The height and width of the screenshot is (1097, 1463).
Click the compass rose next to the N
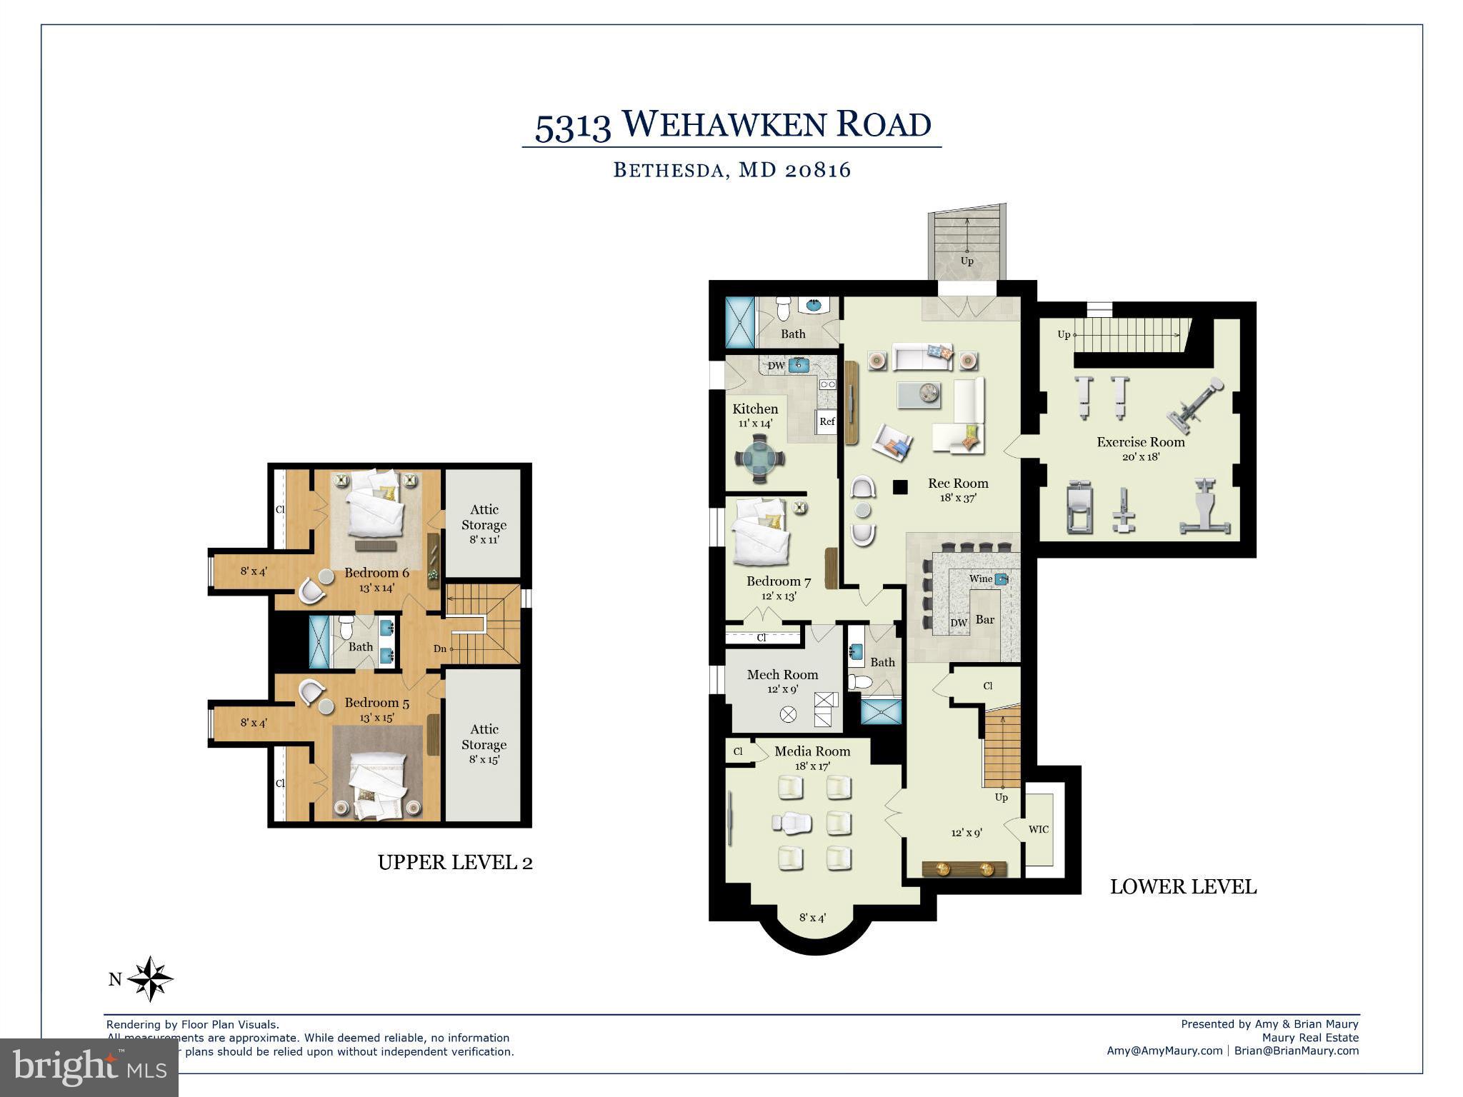151,979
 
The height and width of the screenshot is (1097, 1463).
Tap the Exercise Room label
1140,442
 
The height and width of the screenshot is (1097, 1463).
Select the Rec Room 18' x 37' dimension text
957,498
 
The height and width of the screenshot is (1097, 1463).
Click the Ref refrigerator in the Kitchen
827,421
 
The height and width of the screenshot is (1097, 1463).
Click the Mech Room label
782,674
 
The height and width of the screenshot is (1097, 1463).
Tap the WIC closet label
1038,829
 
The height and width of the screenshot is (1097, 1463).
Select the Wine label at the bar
980,578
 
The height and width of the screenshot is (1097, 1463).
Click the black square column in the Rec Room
900,487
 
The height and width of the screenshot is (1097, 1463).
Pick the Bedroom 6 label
376,573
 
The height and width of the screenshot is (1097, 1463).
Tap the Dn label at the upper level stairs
439,648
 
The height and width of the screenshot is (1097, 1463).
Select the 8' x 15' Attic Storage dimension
484,760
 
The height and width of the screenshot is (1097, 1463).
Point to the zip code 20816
817,170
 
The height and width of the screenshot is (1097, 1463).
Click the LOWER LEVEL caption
1183,887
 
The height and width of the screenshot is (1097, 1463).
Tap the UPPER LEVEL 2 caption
455,863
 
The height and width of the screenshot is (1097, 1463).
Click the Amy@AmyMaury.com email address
1164,1051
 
